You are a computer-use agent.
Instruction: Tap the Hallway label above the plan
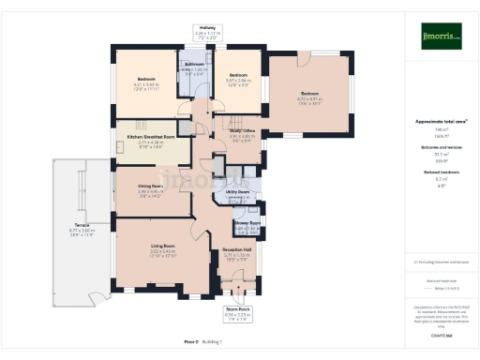(208, 28)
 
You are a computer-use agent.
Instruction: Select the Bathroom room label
(195, 64)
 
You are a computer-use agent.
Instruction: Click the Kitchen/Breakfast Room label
(145, 137)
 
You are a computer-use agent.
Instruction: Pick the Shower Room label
(247, 223)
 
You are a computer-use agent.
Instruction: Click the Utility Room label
(237, 192)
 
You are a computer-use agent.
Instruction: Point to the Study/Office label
(243, 131)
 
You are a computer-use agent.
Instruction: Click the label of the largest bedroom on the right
(310, 93)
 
